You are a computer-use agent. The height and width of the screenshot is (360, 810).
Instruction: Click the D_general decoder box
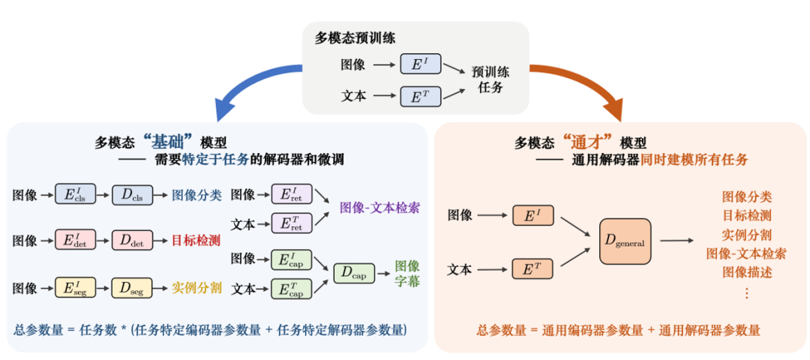[x=624, y=241]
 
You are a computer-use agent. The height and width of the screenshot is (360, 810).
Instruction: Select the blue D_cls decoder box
[x=131, y=195]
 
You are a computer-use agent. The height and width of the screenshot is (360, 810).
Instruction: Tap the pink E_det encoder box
[x=75, y=241]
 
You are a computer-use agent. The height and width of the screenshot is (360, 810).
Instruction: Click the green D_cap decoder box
[x=353, y=273]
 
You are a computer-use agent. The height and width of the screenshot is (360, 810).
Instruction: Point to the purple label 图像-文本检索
[x=379, y=208]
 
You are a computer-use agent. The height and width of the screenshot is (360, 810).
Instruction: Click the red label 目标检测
[x=196, y=241]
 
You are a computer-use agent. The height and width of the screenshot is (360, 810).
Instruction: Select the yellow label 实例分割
[x=196, y=286]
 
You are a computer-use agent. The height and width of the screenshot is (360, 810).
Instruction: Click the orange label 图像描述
[x=746, y=271]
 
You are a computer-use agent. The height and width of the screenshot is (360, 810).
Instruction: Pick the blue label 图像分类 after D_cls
[x=196, y=195]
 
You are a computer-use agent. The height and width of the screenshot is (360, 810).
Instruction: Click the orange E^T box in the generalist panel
[x=532, y=268]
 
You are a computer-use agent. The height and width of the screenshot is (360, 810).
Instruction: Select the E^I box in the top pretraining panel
[x=420, y=64]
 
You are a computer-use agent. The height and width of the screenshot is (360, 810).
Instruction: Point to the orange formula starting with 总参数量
[x=618, y=330]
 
